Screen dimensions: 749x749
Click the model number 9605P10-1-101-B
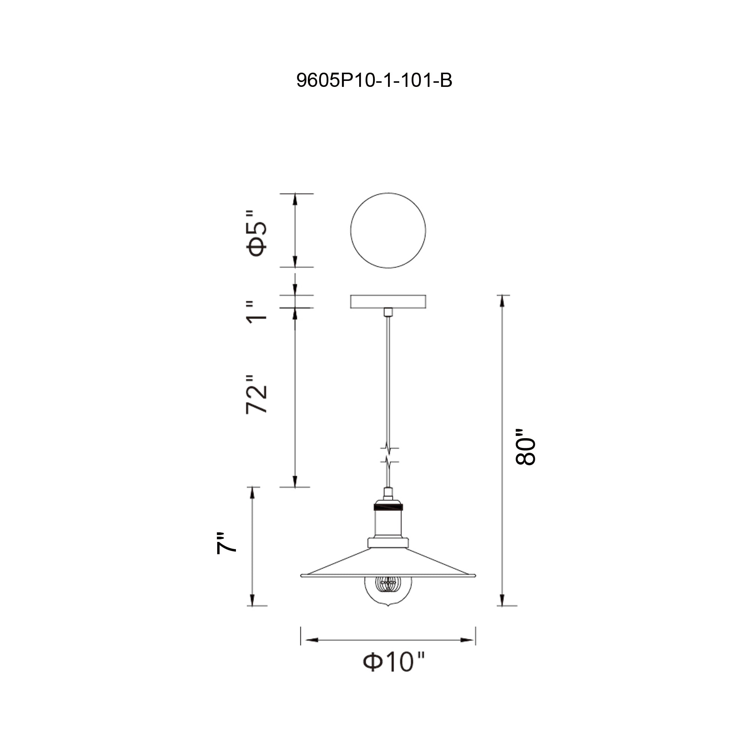(x=374, y=81)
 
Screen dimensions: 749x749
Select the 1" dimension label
(x=257, y=312)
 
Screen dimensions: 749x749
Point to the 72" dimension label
(x=257, y=394)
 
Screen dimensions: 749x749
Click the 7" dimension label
(x=226, y=543)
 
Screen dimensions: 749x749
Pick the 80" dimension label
(x=525, y=447)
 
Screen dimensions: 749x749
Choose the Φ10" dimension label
(x=394, y=662)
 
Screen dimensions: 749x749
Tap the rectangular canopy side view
(x=388, y=301)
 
